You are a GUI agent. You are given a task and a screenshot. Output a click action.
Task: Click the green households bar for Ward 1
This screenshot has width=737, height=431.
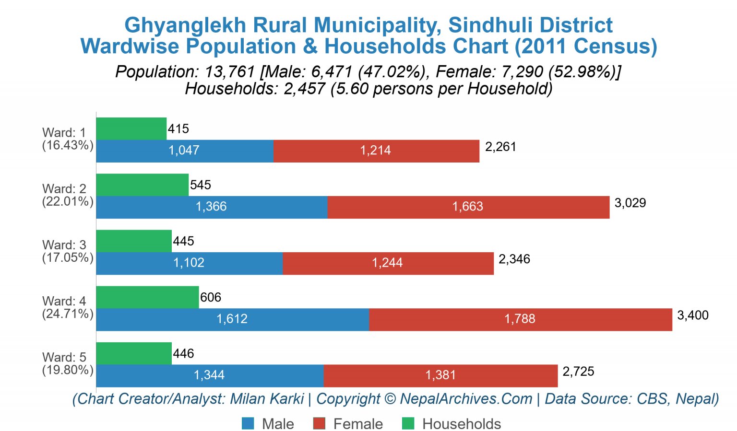pyautogui.click(x=131, y=128)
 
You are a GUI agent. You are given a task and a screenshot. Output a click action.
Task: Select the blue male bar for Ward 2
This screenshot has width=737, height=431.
pyautogui.click(x=212, y=207)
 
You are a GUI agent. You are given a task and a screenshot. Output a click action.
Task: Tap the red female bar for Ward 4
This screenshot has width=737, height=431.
pyautogui.click(x=520, y=319)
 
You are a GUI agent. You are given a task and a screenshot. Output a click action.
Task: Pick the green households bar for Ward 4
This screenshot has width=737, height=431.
pyautogui.click(x=147, y=297)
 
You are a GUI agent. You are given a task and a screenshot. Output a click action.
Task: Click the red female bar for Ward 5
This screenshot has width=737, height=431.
pyautogui.click(x=440, y=375)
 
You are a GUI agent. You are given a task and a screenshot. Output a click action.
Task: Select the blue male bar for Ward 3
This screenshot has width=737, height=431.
pyautogui.click(x=189, y=263)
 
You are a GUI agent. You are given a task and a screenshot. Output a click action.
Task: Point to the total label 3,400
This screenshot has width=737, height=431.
pyautogui.click(x=692, y=315)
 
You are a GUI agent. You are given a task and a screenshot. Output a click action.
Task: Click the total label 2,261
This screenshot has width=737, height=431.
pyautogui.click(x=500, y=147)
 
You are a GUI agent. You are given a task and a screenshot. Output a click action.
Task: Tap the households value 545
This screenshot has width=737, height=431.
pyautogui.click(x=201, y=185)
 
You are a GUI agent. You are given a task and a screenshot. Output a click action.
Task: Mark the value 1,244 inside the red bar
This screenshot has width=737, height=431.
pyautogui.click(x=387, y=263)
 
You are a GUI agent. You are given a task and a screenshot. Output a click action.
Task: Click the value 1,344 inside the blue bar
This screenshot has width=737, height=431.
pyautogui.click(x=209, y=375)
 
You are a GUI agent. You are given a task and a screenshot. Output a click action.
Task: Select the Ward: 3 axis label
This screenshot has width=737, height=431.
pyautogui.click(x=64, y=245)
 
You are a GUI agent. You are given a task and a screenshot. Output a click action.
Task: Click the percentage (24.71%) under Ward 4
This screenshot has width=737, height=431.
pyautogui.click(x=68, y=314)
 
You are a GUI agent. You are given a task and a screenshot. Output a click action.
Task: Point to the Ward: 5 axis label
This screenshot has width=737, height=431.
pyautogui.click(x=64, y=357)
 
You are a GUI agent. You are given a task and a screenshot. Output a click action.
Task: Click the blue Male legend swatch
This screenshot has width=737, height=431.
pyautogui.click(x=248, y=424)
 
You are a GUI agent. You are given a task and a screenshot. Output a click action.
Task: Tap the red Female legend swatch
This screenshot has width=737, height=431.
pyautogui.click(x=319, y=424)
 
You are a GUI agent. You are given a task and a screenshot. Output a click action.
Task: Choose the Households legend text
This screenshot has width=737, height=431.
pyautogui.click(x=461, y=424)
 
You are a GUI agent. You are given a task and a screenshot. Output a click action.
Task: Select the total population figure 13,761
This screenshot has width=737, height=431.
pyautogui.click(x=229, y=72)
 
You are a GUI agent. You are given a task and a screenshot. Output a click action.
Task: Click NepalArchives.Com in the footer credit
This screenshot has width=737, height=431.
pyautogui.click(x=466, y=399)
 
